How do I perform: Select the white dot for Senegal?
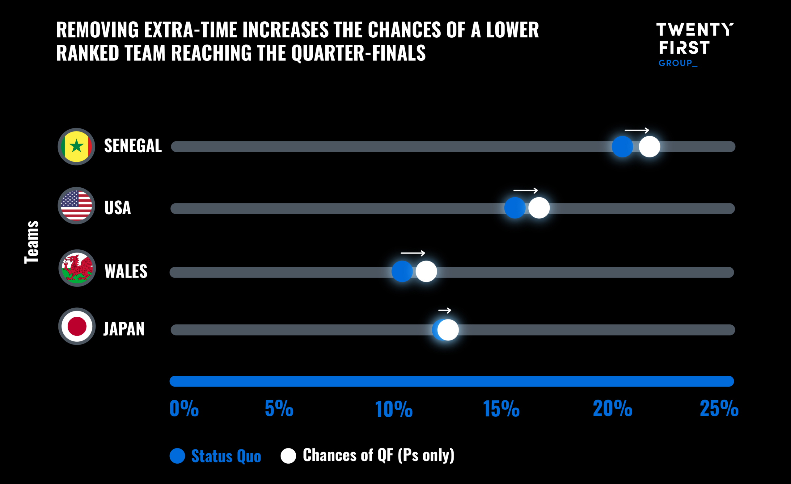(649, 147)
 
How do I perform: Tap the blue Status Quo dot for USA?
(514, 208)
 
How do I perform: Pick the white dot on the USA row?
(539, 208)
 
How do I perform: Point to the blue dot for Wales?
(402, 271)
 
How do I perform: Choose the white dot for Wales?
(426, 271)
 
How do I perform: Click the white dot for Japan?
(448, 330)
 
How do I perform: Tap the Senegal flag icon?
(76, 147)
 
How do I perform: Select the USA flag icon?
(76, 206)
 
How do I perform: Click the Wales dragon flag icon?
(77, 268)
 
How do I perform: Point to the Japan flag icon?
(77, 326)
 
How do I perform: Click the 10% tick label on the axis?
(394, 409)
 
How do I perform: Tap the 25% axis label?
(719, 409)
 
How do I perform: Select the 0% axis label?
(184, 409)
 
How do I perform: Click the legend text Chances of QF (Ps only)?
(378, 455)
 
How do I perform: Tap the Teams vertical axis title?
(32, 242)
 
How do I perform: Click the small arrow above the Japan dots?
(445, 311)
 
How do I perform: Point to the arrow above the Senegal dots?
(637, 130)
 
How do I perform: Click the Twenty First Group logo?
(694, 44)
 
